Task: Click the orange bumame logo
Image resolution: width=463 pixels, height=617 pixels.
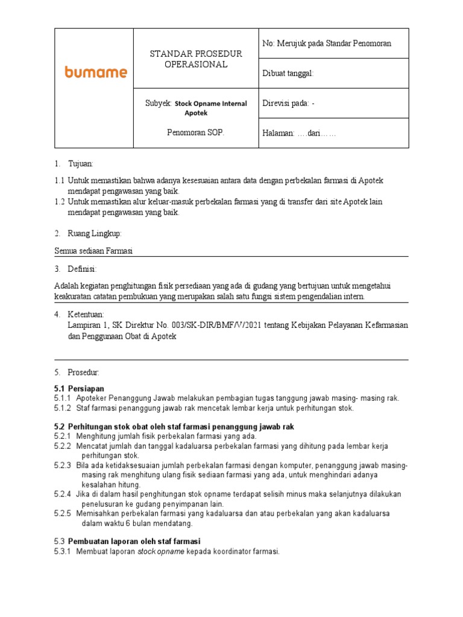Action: (95, 72)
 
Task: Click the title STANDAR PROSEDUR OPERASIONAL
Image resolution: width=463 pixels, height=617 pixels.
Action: (196, 59)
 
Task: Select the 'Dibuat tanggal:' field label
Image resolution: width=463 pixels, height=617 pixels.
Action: (288, 74)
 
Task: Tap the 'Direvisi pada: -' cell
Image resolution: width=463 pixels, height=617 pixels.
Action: (289, 103)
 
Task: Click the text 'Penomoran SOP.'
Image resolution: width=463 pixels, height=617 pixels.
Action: (195, 133)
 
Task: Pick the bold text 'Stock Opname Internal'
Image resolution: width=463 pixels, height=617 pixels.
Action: (210, 104)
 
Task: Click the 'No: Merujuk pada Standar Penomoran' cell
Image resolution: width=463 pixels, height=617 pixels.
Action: (327, 43)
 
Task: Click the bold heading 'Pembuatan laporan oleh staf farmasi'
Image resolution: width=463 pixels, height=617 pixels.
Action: (134, 541)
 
